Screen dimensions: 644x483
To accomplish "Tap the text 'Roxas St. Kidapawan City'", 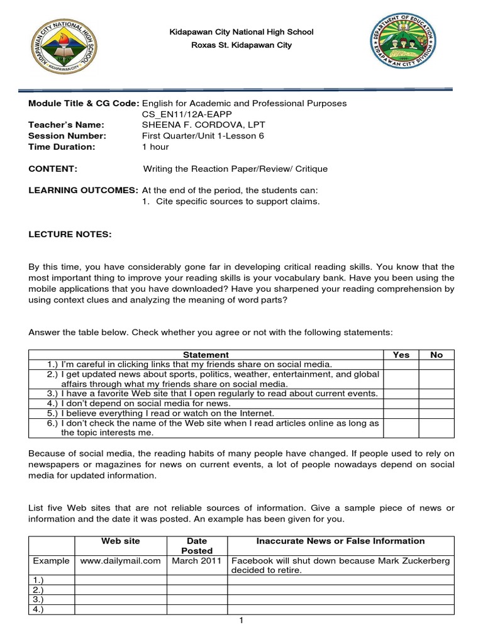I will click(x=241, y=45).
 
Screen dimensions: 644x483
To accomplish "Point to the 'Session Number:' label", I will click(x=67, y=135).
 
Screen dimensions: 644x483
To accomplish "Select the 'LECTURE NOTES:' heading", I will click(x=70, y=234).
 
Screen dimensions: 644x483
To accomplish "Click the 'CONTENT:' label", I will click(x=53, y=169).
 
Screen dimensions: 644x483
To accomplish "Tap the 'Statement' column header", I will click(x=206, y=355).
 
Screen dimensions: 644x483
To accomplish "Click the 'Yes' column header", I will click(x=401, y=355).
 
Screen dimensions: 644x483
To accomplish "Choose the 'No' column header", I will click(x=436, y=355).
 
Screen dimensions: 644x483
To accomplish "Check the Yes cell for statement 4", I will click(x=401, y=403).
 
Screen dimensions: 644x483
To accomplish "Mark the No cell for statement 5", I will click(x=436, y=413).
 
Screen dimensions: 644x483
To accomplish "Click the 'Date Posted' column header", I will click(x=197, y=546).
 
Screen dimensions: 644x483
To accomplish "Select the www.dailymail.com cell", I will click(x=120, y=561).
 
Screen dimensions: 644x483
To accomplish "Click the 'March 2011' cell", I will click(x=197, y=561).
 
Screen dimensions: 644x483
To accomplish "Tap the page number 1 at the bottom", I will click(x=241, y=621).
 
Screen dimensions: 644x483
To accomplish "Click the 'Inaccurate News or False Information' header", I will click(x=340, y=541).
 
